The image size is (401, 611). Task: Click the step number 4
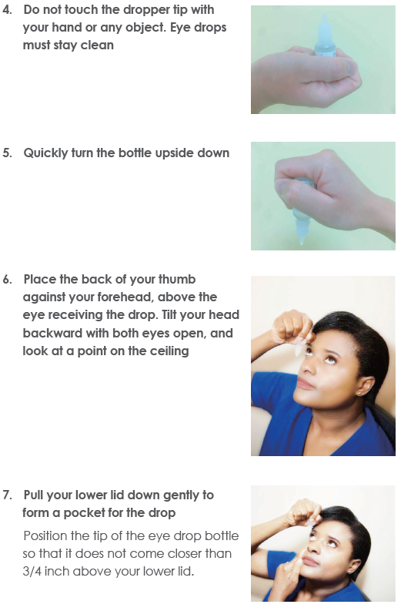click(x=7, y=10)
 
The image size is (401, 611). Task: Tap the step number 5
click(x=7, y=153)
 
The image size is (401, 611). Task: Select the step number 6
click(x=7, y=280)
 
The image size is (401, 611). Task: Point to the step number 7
click(x=7, y=495)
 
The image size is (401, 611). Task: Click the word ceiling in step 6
click(x=170, y=351)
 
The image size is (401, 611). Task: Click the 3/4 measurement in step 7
click(x=32, y=571)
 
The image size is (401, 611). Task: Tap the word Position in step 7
click(x=45, y=536)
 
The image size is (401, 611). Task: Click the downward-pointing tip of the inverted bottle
click(x=302, y=243)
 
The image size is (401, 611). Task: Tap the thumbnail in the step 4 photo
click(x=351, y=67)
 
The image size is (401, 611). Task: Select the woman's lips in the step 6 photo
click(x=306, y=384)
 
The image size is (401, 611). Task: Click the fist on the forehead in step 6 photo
click(x=289, y=327)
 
